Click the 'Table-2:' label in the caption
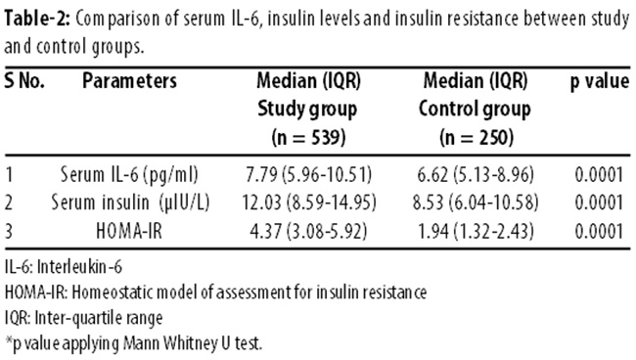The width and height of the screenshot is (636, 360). pos(37,19)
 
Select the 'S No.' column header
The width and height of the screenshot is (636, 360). pos(23,80)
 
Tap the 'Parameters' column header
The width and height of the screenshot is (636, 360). pos(129,80)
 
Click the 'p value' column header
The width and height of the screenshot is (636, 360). pos(600,81)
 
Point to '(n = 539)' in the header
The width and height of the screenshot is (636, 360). pos(308,137)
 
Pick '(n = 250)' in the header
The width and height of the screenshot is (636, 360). pos(477,137)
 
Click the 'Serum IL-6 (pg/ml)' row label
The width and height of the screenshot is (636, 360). pos(129,175)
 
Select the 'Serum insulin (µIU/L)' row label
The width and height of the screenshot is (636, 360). pos(130,202)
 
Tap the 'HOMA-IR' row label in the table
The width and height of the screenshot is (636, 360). pos(129,231)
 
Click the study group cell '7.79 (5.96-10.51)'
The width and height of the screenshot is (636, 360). pos(308,175)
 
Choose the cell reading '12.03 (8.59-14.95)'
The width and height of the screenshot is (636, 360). pos(309,202)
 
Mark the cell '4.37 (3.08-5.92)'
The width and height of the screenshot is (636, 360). pos(308,231)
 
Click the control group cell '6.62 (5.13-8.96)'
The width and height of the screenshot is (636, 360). pos(476,175)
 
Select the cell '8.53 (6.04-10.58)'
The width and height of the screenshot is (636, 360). pos(476,202)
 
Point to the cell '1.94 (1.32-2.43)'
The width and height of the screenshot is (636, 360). pos(476,231)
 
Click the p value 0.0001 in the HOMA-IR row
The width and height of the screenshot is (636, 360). pos(599,231)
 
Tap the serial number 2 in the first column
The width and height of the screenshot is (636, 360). pos(9,202)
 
